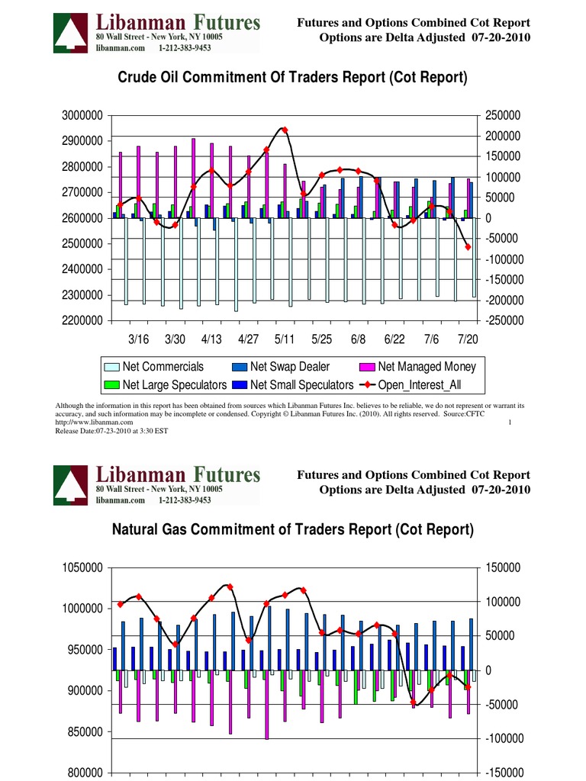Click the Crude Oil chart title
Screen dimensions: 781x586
click(x=292, y=78)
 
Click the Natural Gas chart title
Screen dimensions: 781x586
click(x=293, y=529)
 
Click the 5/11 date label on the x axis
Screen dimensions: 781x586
click(x=284, y=338)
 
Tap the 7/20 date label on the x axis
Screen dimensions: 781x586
click(x=468, y=338)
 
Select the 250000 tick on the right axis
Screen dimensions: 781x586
click(x=501, y=115)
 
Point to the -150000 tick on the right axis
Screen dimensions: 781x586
click(x=501, y=773)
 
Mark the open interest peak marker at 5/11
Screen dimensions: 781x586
click(x=285, y=130)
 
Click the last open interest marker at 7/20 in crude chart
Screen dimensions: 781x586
click(x=468, y=247)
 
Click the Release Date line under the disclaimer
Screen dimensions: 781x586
click(x=111, y=431)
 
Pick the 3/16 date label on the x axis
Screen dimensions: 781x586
click(x=138, y=338)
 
